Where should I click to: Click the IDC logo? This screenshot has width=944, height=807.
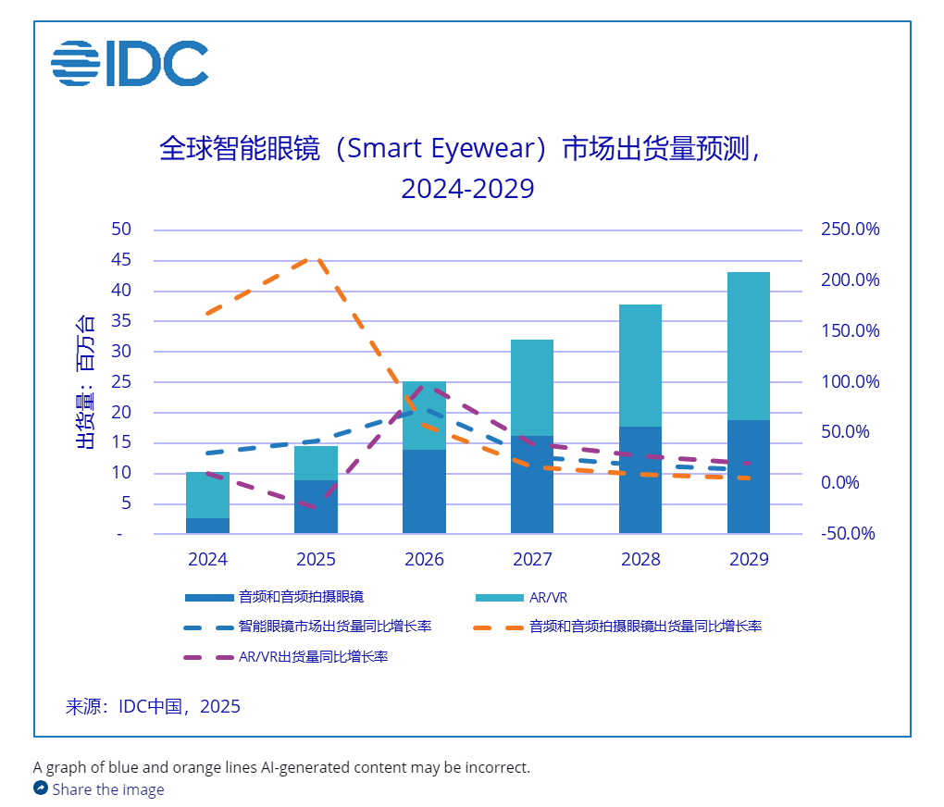130,64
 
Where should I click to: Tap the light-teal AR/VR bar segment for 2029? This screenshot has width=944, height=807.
748,345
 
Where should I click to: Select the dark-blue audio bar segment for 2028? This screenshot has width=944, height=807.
640,479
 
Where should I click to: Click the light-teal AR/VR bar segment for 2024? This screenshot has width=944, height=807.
207,494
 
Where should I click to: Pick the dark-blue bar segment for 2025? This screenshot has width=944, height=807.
316,506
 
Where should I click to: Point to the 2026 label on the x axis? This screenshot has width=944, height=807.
424,559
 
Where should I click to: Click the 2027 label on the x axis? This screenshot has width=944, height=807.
532,559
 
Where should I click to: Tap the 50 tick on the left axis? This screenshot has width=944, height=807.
122,230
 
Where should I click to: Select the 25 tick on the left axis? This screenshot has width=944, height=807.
122,382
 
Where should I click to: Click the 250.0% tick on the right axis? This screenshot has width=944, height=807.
849,230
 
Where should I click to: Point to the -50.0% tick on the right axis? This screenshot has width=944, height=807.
849,534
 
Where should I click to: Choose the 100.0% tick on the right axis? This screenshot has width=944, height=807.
849,382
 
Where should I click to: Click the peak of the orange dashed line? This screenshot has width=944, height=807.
316,260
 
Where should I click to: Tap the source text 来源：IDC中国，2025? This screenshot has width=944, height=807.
153,707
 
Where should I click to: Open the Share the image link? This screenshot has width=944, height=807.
107,789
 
